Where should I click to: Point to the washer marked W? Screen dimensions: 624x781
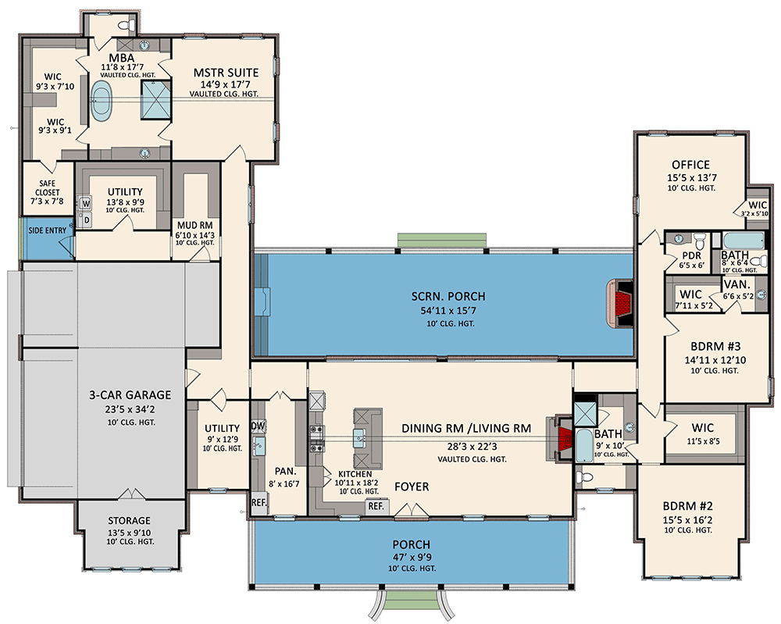[86, 204]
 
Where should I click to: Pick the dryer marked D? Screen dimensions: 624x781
[86, 220]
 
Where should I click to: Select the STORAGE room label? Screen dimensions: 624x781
[130, 521]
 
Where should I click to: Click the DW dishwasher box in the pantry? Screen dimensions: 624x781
[258, 426]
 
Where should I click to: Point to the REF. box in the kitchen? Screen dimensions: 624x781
[376, 507]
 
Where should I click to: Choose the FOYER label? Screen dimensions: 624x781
[411, 487]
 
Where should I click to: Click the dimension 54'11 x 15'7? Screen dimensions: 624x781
[448, 310]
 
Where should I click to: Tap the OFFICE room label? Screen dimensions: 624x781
[690, 165]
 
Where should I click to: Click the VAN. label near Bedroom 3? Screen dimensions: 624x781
[737, 284]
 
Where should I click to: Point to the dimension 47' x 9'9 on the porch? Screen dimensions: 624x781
[412, 557]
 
